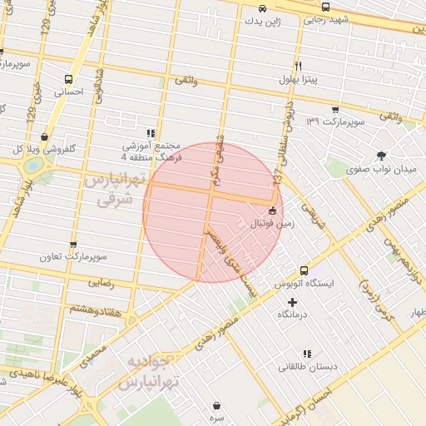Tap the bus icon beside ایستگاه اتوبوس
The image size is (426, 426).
click(x=304, y=270)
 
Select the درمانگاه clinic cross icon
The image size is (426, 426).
click(x=291, y=301)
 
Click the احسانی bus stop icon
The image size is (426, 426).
click(x=68, y=80)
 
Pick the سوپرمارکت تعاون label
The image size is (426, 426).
click(x=73, y=257)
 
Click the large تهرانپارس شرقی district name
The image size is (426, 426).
click(x=115, y=189)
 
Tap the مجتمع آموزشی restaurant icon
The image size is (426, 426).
click(x=150, y=132)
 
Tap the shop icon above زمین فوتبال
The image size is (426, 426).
click(x=272, y=210)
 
